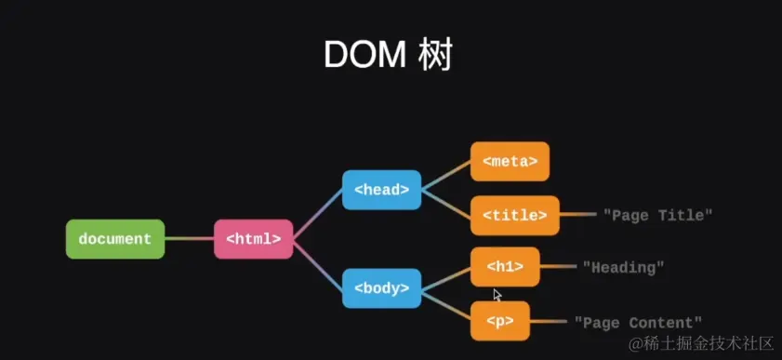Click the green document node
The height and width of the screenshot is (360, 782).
click(x=115, y=239)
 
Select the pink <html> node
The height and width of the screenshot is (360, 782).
click(x=254, y=239)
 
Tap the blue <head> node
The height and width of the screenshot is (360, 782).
click(x=381, y=190)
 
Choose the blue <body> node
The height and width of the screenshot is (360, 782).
click(x=381, y=288)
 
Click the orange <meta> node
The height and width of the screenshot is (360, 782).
click(x=510, y=161)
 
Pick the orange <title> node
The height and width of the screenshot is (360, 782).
click(x=514, y=215)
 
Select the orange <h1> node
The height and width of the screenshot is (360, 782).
click(x=505, y=267)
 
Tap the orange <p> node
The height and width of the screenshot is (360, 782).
click(x=499, y=321)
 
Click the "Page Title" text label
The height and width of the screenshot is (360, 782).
click(x=658, y=215)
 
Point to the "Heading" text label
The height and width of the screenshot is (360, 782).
click(x=623, y=268)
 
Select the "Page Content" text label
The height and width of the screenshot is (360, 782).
click(x=638, y=322)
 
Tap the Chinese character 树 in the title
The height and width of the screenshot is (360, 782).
click(x=435, y=55)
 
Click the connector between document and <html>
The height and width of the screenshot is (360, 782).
click(x=189, y=239)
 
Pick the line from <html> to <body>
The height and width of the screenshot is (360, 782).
click(x=318, y=264)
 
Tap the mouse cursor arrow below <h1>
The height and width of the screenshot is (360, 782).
click(x=497, y=294)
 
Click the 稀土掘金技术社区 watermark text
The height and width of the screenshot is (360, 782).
click(x=701, y=345)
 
